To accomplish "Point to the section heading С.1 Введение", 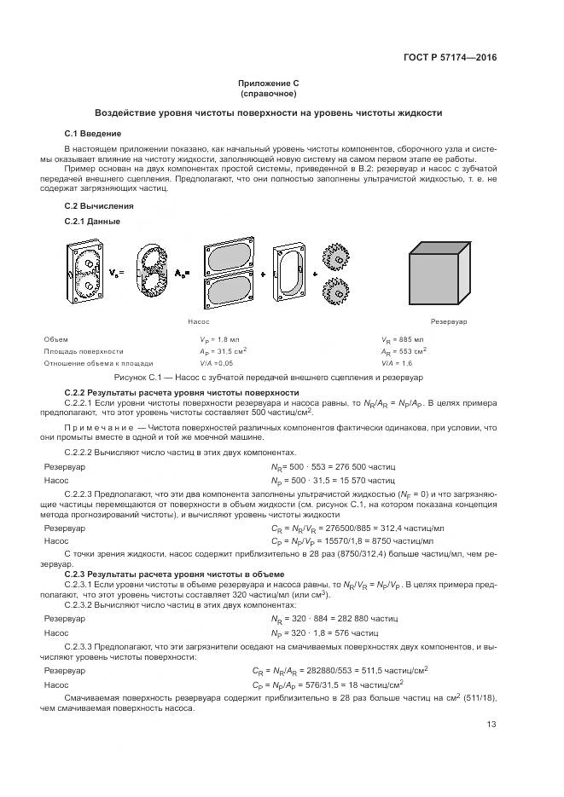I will tap(93, 134).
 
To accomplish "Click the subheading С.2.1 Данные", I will tap(92, 222).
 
